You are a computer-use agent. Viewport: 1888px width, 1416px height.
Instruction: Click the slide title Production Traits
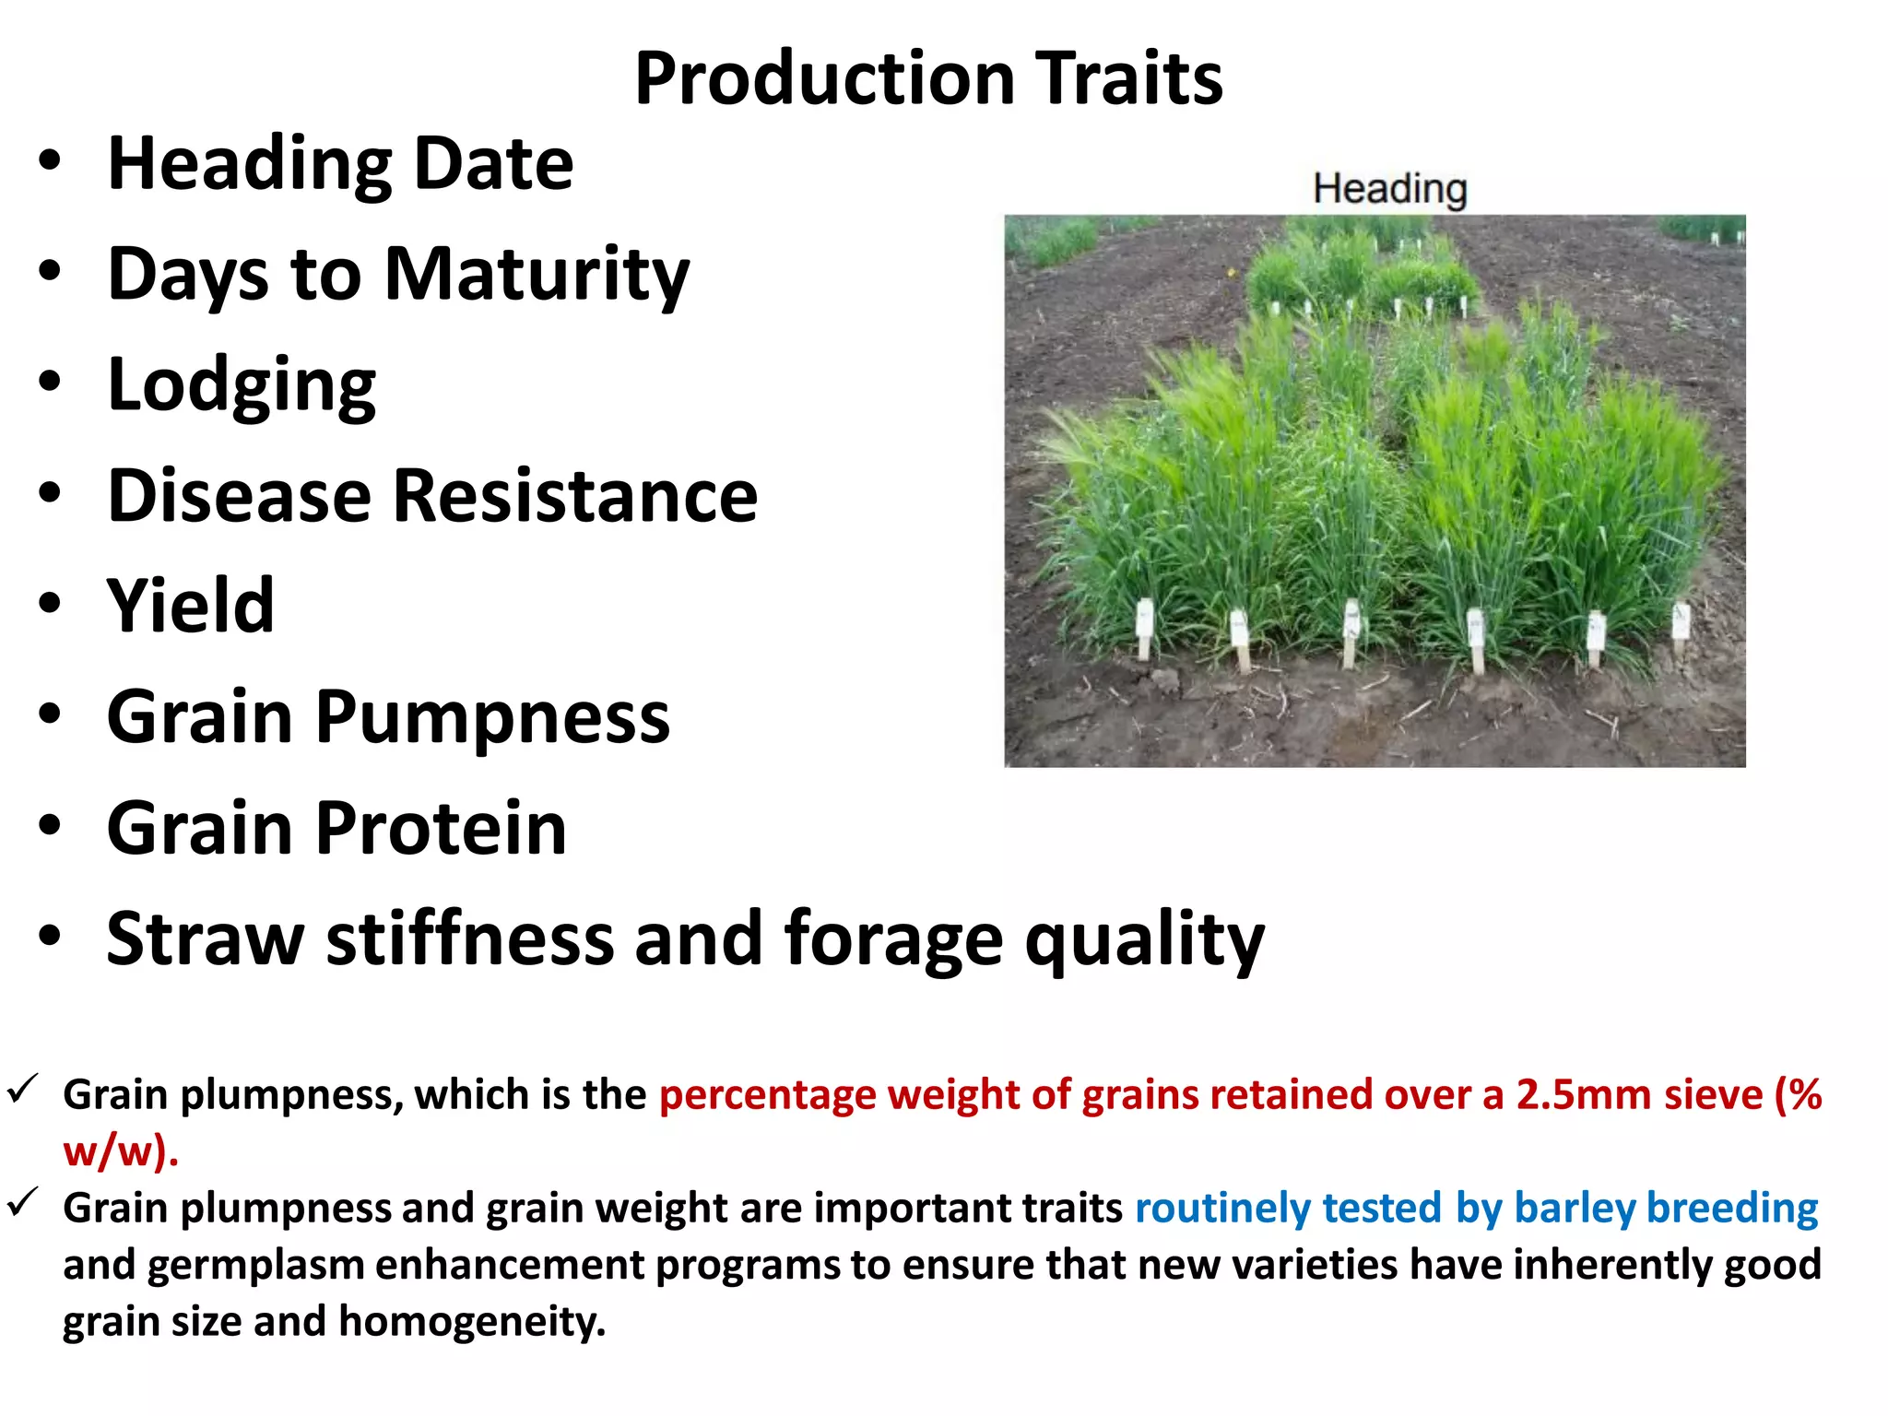pos(928,78)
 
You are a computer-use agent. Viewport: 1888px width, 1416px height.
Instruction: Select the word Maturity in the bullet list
pos(536,275)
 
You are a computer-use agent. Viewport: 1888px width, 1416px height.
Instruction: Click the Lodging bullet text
pos(242,385)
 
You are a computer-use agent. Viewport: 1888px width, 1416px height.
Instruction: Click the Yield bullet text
pos(191,607)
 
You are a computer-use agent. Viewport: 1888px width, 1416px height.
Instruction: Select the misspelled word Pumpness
pos(492,718)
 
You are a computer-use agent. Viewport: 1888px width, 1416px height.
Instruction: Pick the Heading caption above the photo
pos(1389,189)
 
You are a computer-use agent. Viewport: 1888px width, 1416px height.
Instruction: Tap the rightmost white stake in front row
pos(1681,622)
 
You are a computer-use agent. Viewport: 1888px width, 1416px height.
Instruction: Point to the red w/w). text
pos(120,1151)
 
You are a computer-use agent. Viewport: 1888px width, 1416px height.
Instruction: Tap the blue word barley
pos(1574,1208)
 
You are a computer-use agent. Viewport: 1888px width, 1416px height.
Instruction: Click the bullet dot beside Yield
pos(50,604)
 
